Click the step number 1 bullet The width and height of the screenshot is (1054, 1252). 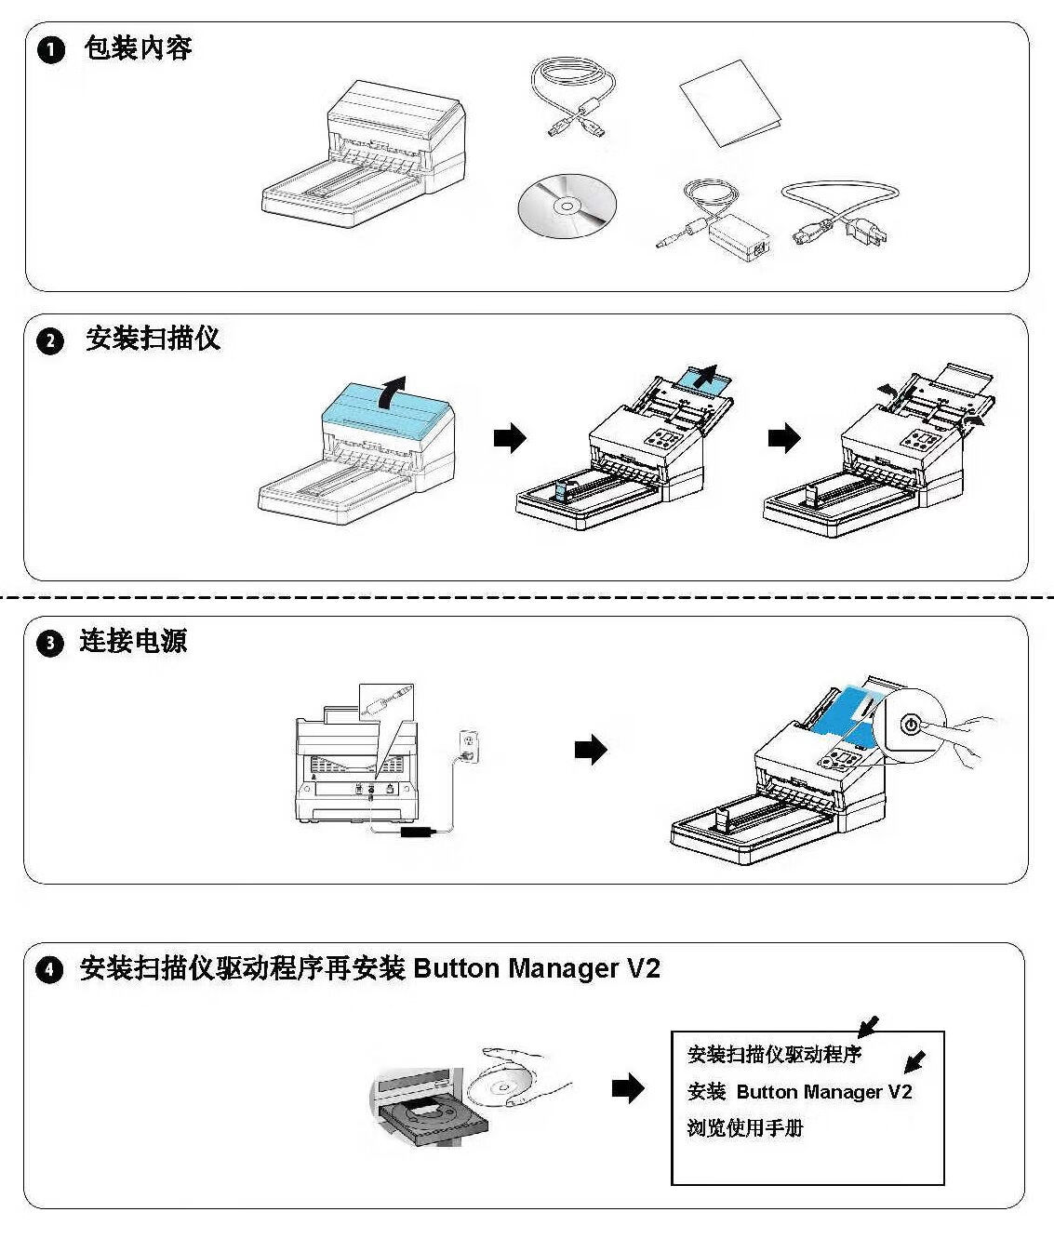pos(51,49)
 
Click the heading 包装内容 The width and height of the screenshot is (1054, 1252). pos(138,47)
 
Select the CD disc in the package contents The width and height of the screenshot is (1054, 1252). pos(564,205)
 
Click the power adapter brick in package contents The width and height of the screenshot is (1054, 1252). pos(740,239)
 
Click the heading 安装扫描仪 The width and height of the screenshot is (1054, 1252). pos(153,339)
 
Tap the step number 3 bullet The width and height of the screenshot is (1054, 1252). pos(50,643)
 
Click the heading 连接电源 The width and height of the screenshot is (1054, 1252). pos(133,641)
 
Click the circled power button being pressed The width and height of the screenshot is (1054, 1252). pos(911,724)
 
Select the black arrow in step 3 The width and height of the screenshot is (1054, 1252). pos(591,749)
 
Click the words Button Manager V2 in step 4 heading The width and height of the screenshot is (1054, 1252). pos(536,969)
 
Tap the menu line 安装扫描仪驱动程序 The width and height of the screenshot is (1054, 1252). pos(774,1055)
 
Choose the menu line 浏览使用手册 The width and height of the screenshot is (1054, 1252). pos(744,1128)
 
